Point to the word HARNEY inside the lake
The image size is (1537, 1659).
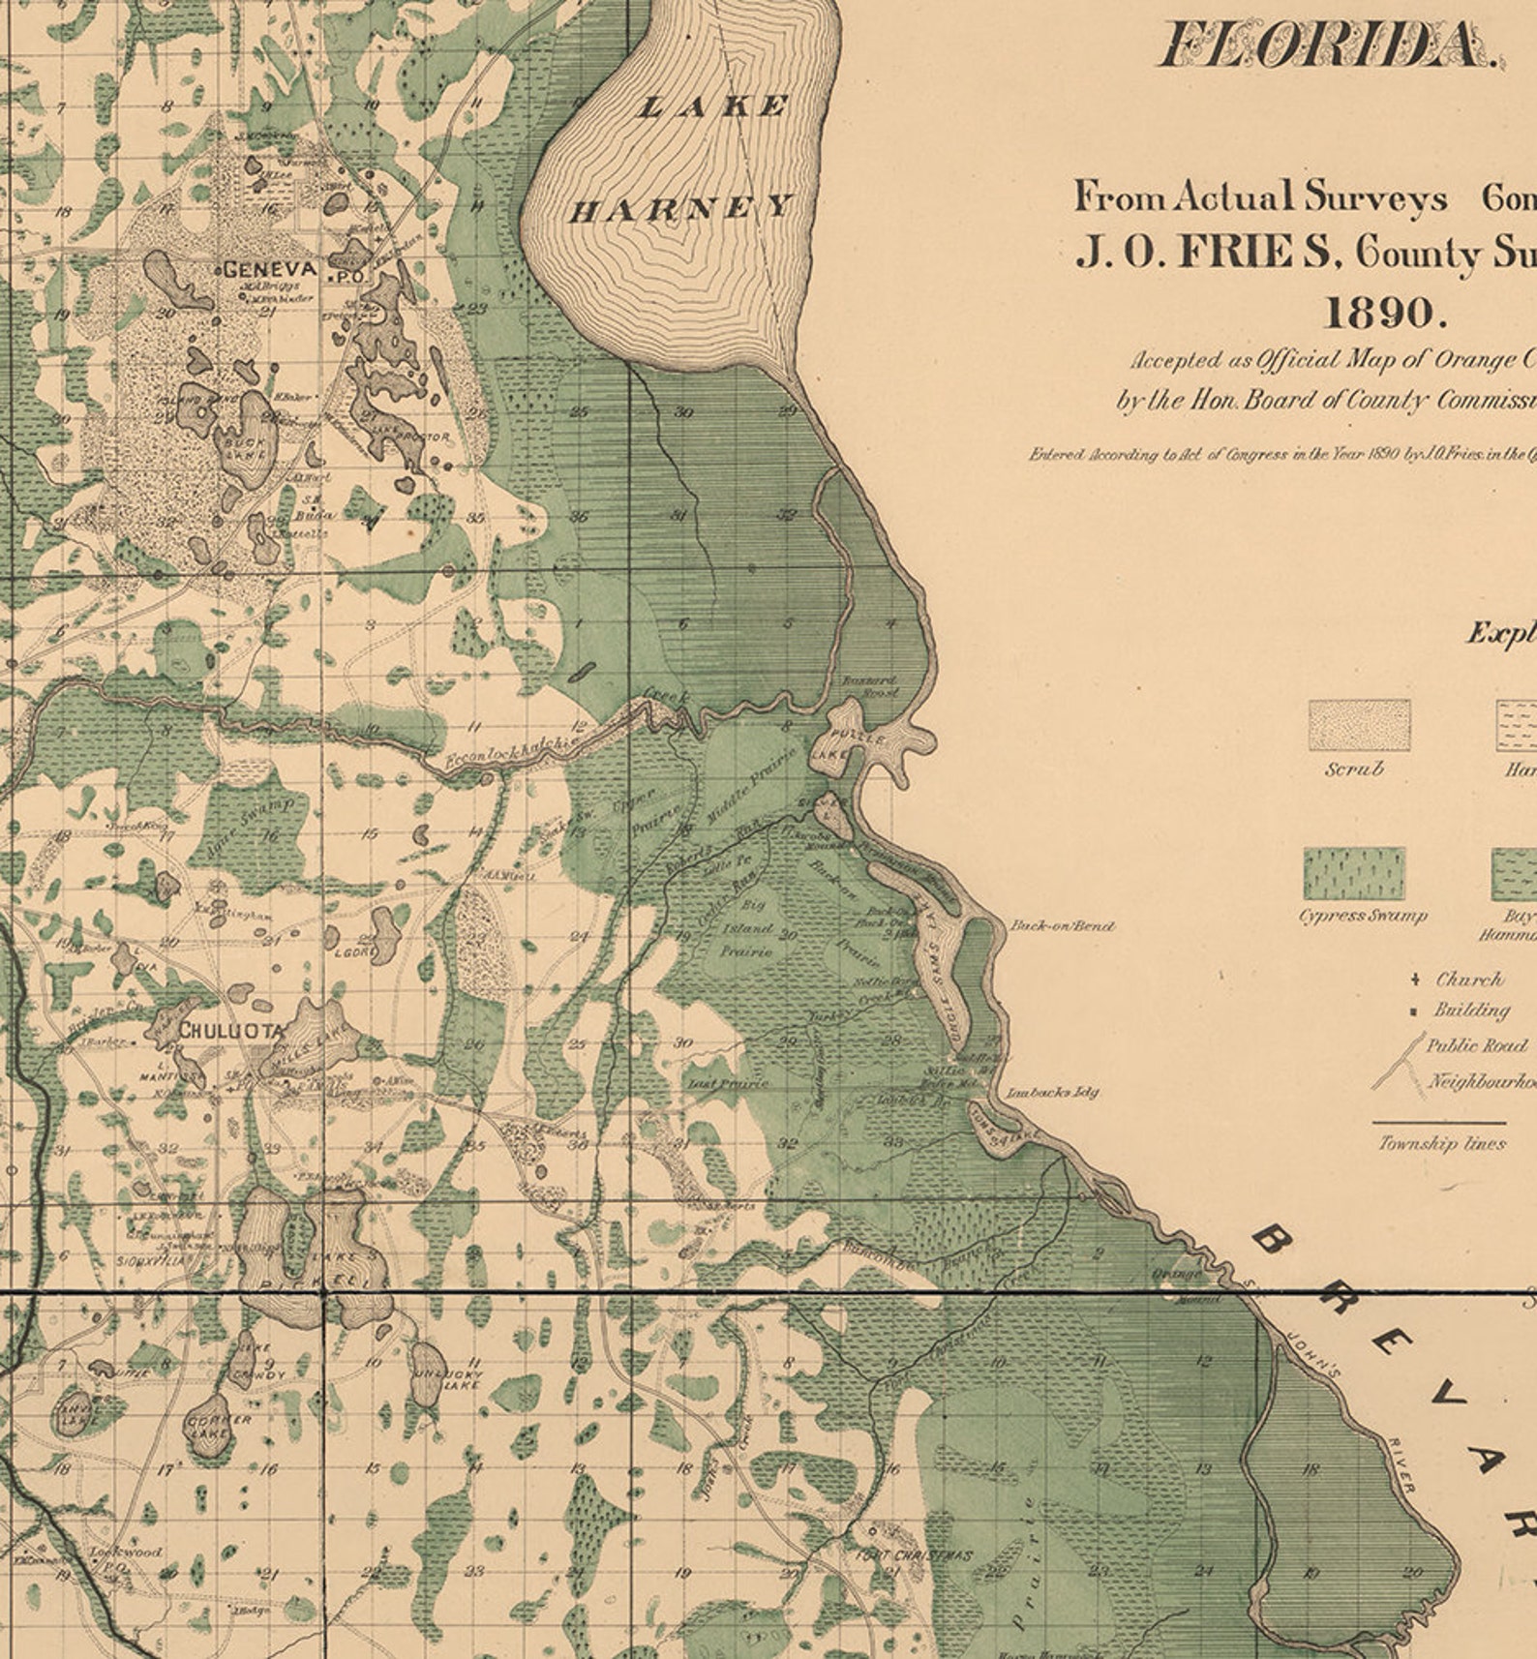(x=680, y=207)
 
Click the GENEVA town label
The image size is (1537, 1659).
(x=270, y=269)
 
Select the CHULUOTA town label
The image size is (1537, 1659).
(x=230, y=1031)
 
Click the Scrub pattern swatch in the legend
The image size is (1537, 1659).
(x=1359, y=725)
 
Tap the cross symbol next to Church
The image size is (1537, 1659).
(x=1415, y=980)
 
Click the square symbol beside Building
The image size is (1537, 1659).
(x=1415, y=1010)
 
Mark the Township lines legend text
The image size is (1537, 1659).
(x=1441, y=1144)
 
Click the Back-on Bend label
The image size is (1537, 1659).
(x=1061, y=926)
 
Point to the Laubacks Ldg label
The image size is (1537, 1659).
(x=1052, y=1093)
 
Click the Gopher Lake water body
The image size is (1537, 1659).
(x=210, y=1428)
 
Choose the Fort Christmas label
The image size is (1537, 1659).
(x=915, y=1555)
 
